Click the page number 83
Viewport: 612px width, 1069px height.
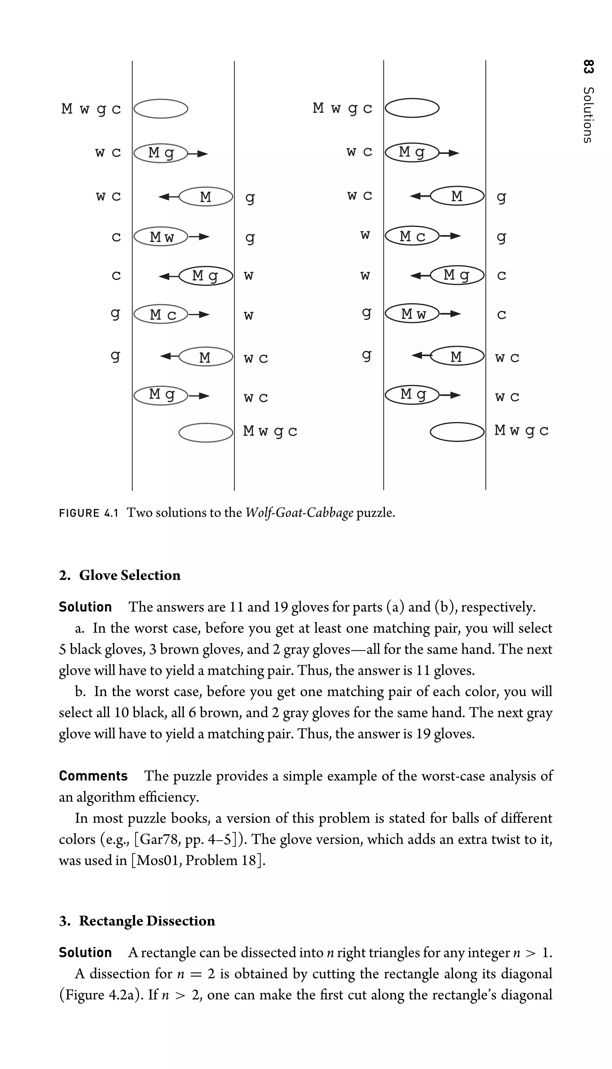(x=588, y=67)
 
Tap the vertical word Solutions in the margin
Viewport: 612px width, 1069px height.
(x=588, y=115)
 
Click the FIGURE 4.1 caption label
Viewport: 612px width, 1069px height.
(x=89, y=513)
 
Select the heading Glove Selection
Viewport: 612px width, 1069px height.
(x=130, y=575)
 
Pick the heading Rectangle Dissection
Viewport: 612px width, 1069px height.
(x=147, y=920)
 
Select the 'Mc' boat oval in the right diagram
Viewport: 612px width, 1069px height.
(x=412, y=236)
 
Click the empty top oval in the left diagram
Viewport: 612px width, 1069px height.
(x=160, y=109)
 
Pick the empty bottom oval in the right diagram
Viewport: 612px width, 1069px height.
(x=457, y=432)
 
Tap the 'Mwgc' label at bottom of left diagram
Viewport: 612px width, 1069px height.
(x=270, y=431)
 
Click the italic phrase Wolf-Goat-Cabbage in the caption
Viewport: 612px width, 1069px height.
(x=299, y=513)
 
